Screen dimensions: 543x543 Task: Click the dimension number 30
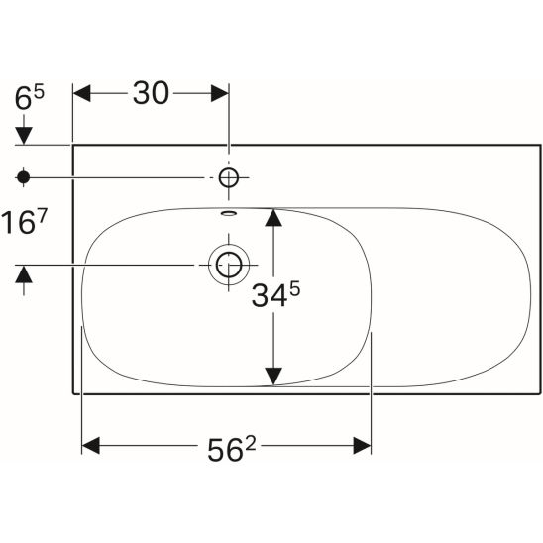pyautogui.click(x=151, y=93)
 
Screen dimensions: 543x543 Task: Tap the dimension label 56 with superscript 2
pyautogui.click(x=231, y=449)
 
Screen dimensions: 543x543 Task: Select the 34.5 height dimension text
pyautogui.click(x=275, y=294)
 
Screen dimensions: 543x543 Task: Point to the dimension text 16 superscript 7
pyautogui.click(x=24, y=222)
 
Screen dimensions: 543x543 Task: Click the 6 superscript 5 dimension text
pyautogui.click(x=30, y=98)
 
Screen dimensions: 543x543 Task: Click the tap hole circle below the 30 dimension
pyautogui.click(x=229, y=177)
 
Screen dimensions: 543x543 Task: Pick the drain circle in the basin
pyautogui.click(x=229, y=265)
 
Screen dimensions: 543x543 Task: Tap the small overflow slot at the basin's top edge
pyautogui.click(x=229, y=213)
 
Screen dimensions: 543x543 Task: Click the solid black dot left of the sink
pyautogui.click(x=23, y=177)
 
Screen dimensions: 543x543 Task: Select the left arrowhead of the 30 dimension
pyautogui.click(x=81, y=93)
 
